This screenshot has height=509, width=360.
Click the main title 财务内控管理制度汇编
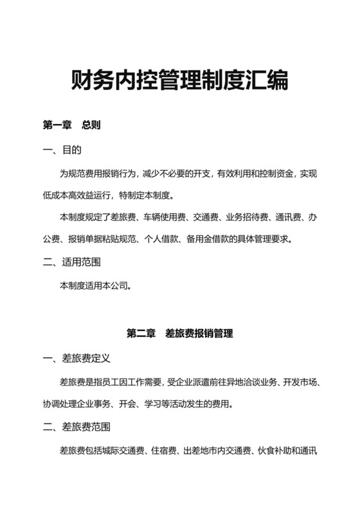pos(179,82)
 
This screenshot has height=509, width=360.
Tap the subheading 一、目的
pos(62,150)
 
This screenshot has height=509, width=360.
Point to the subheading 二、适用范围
pos(71,262)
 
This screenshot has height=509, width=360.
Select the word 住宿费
pos(163,450)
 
